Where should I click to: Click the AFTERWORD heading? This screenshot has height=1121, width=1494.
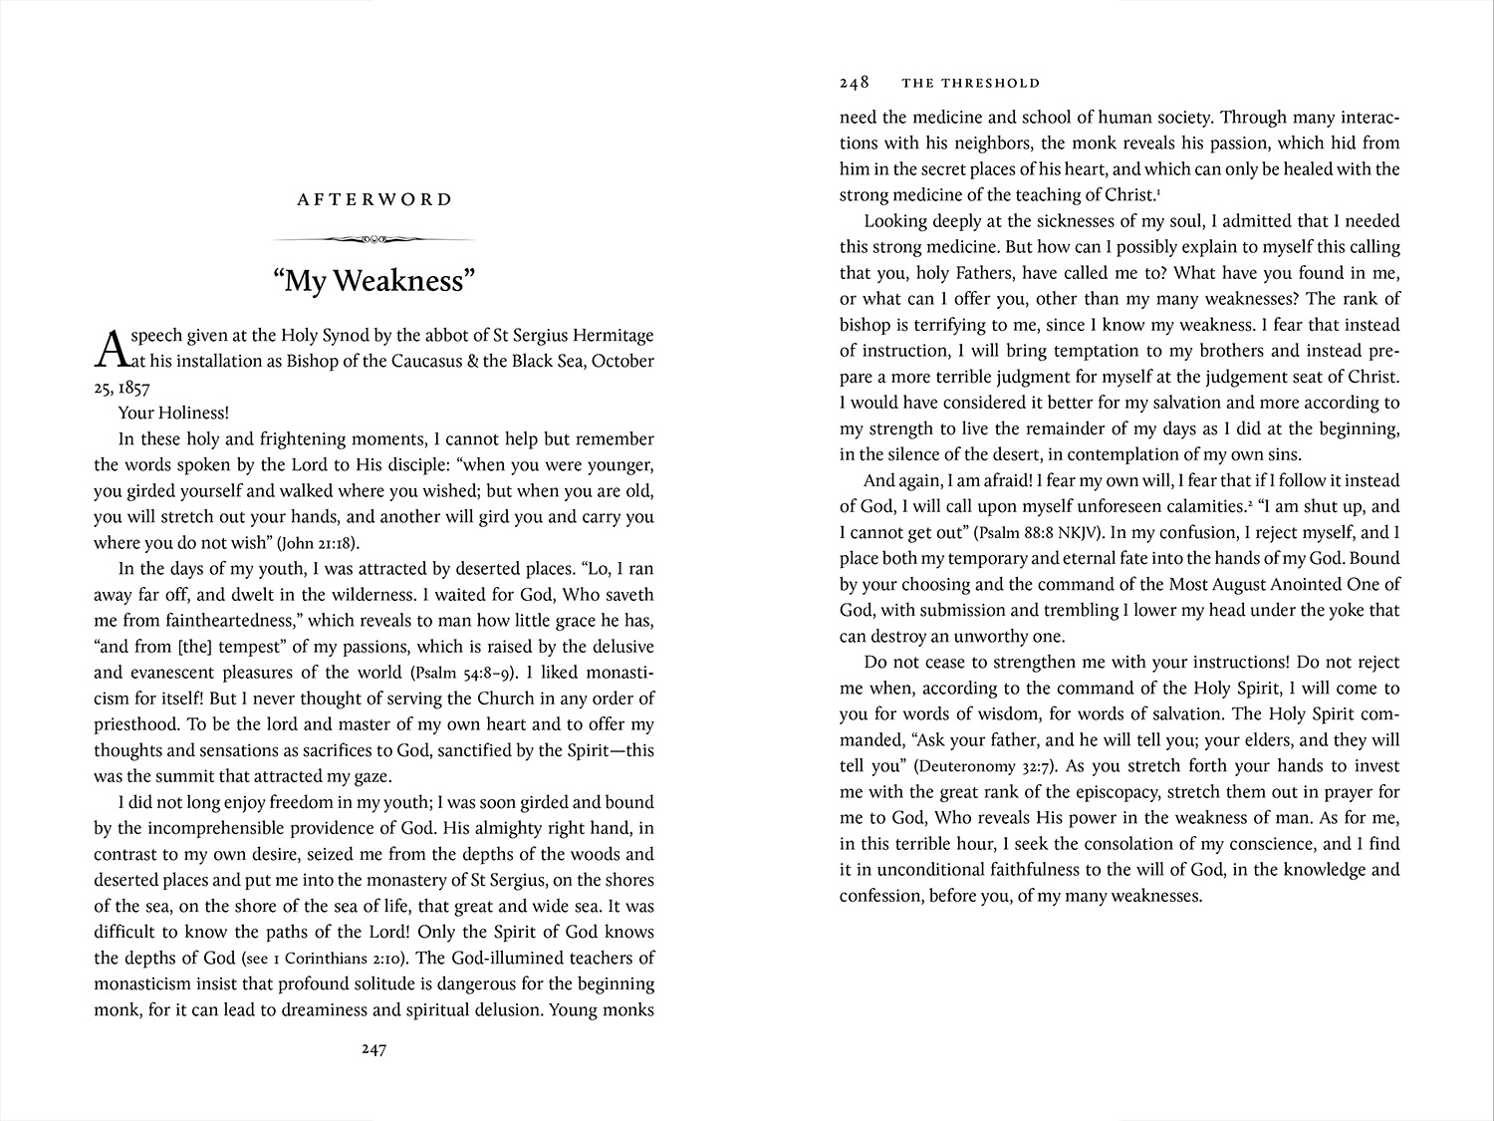[x=374, y=199]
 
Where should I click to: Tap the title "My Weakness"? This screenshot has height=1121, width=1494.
[x=374, y=281]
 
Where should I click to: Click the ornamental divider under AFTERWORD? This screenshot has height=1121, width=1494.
[x=374, y=239]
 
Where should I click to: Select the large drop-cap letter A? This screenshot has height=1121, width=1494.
[x=114, y=348]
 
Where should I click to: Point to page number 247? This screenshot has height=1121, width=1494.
[x=373, y=1049]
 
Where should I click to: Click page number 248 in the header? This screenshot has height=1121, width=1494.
[x=855, y=83]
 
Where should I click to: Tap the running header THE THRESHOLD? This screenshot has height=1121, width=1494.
[x=970, y=84]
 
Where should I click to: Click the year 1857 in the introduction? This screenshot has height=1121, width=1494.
[x=132, y=388]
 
